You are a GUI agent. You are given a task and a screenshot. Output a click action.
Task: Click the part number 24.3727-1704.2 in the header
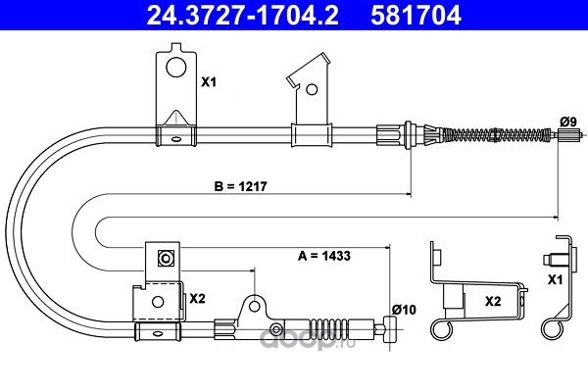click(x=243, y=15)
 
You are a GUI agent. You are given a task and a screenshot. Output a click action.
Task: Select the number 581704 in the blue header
click(x=416, y=15)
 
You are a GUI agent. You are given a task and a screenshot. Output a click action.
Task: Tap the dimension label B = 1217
click(x=240, y=186)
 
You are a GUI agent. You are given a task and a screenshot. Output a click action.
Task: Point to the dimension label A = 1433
click(x=324, y=256)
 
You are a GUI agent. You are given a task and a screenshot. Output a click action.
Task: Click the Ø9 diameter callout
click(x=568, y=122)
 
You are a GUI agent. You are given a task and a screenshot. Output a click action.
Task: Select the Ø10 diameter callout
click(x=404, y=310)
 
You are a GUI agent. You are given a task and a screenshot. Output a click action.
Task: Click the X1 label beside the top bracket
click(x=209, y=81)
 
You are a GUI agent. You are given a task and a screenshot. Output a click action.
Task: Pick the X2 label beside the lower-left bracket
click(x=197, y=299)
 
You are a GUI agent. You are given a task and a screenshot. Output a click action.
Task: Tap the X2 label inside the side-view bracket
click(x=493, y=301)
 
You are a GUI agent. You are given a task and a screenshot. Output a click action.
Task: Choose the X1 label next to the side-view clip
click(x=555, y=280)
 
